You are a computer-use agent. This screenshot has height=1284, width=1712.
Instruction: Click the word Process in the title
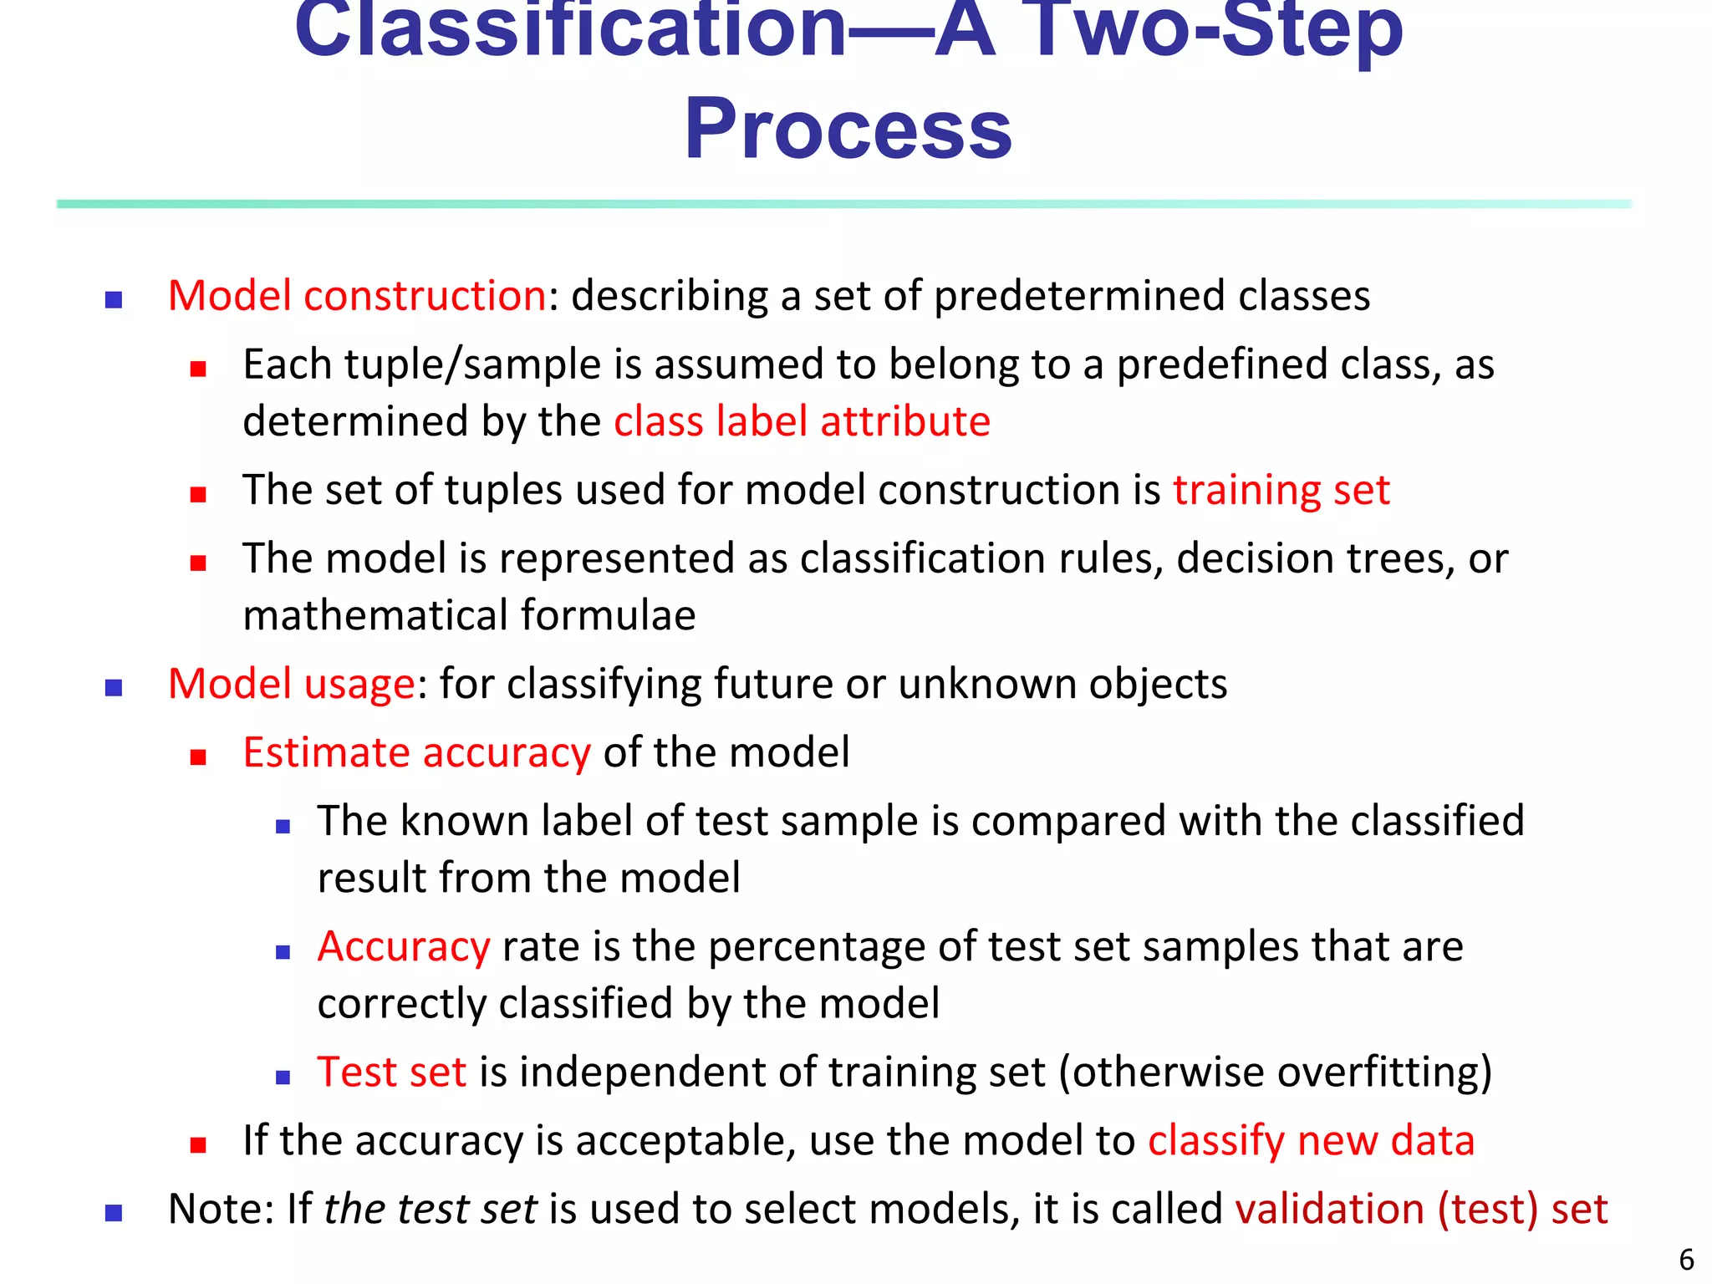pyautogui.click(x=848, y=130)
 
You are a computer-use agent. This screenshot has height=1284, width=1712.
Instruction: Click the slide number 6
pyautogui.click(x=1686, y=1259)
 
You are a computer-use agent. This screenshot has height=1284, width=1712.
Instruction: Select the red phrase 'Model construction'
pyautogui.click(x=357, y=296)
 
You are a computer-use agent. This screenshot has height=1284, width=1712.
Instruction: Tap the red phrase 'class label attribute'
pyautogui.click(x=802, y=420)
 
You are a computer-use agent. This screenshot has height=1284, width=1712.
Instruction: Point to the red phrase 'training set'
pyautogui.click(x=1281, y=490)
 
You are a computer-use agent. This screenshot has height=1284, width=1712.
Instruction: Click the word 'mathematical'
pyautogui.click(x=375, y=615)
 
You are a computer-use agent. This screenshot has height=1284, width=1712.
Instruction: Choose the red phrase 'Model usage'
pyautogui.click(x=291, y=684)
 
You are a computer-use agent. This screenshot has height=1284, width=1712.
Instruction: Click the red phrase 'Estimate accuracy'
pyautogui.click(x=416, y=752)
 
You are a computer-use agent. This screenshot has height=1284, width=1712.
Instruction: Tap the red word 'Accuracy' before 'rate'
pyautogui.click(x=403, y=946)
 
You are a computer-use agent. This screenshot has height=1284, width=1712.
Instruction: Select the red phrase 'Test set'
pyautogui.click(x=391, y=1072)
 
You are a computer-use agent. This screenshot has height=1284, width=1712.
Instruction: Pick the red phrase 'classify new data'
pyautogui.click(x=1311, y=1140)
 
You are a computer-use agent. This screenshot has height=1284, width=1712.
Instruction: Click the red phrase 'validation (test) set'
pyautogui.click(x=1421, y=1209)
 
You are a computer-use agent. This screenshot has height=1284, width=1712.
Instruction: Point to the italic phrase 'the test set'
pyautogui.click(x=430, y=1209)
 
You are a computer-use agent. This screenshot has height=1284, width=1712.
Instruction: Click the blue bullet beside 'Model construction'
pyautogui.click(x=114, y=299)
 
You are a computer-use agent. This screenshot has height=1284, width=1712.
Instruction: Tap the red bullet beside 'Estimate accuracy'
pyautogui.click(x=198, y=757)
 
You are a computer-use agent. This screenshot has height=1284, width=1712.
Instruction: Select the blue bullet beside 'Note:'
pyautogui.click(x=114, y=1213)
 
